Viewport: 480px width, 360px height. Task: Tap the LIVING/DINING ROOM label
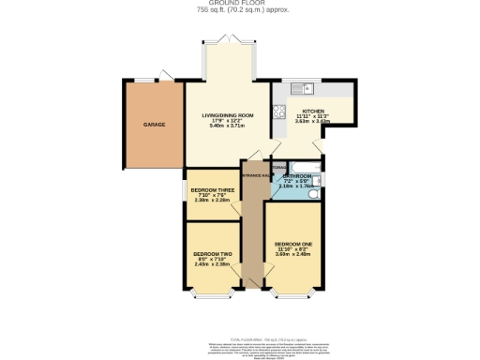(228, 115)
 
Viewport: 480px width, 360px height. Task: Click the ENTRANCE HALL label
(258, 175)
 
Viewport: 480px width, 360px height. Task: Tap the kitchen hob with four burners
(278, 112)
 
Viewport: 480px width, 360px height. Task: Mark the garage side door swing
(167, 74)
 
